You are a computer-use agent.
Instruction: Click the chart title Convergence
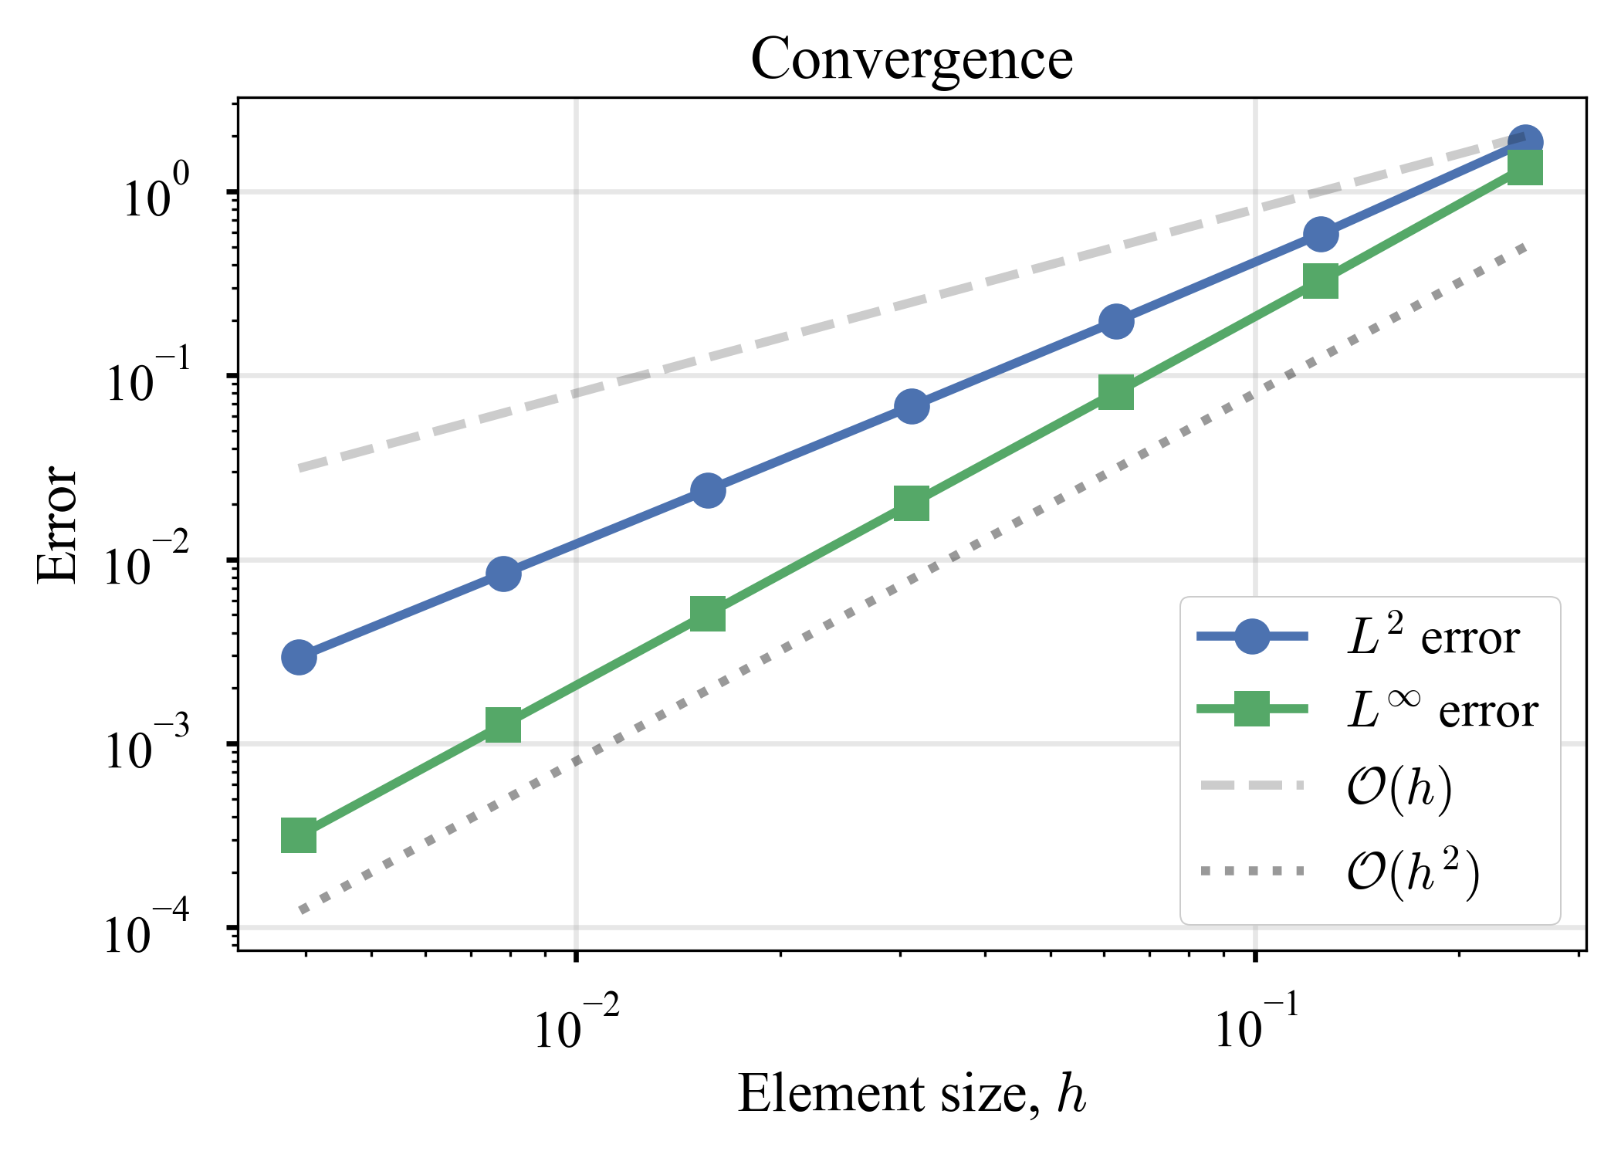click(x=911, y=59)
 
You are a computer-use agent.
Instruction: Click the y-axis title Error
click(x=57, y=524)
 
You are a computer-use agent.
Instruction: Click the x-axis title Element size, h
click(x=911, y=1094)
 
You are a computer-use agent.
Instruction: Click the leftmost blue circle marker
click(x=299, y=658)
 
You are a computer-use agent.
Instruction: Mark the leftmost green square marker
click(x=299, y=836)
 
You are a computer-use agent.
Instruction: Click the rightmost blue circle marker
click(x=1525, y=143)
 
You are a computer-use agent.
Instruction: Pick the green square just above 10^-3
click(x=503, y=726)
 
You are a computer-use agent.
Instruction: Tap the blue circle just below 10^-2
click(x=503, y=574)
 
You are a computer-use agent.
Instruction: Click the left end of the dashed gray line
click(x=301, y=469)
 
